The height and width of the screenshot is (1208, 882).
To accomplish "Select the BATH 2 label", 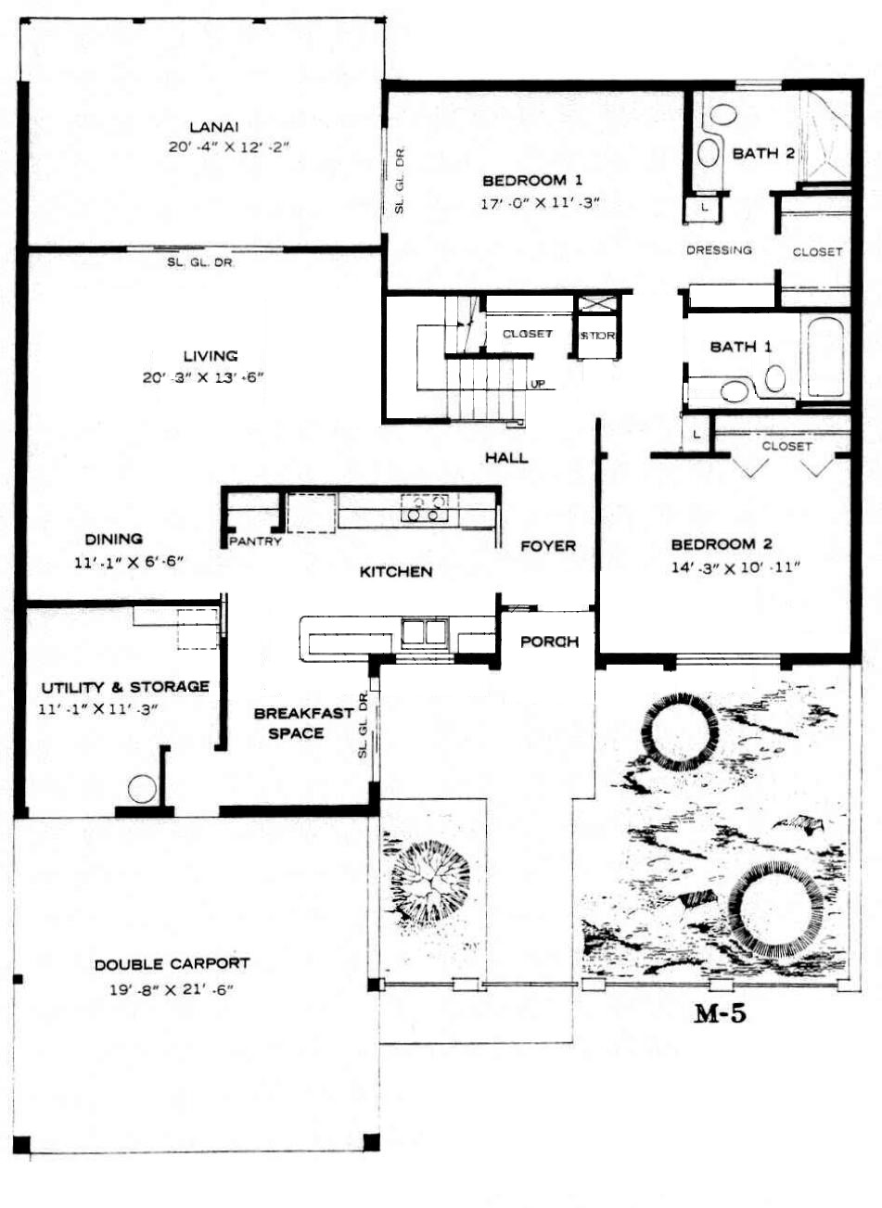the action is pos(763,153).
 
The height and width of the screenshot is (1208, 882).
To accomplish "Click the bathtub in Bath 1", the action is pos(825,357).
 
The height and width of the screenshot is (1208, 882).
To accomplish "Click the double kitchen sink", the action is pos(425,631).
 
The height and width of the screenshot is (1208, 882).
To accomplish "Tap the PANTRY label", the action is pos(255,540).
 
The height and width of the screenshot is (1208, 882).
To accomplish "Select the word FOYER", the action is pos(548,546).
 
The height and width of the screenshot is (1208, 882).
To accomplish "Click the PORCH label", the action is pos(550,642).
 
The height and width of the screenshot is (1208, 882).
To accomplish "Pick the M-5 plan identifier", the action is pos(720,1014).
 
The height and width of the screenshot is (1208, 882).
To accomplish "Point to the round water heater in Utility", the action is pos(142,789).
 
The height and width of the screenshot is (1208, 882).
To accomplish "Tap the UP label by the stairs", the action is pos(538,384).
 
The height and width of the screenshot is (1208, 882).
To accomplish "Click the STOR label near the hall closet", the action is pos(597,335).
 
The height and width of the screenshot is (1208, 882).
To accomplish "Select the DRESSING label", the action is pos(719,249).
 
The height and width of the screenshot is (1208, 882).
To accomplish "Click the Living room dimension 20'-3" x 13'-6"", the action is pos(203,377).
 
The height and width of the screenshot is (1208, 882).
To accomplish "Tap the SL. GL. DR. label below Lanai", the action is pos(200,263).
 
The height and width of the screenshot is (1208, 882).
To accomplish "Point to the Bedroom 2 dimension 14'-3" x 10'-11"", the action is pos(735,567).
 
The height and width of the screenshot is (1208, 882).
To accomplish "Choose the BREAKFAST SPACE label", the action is pos(303,723).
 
